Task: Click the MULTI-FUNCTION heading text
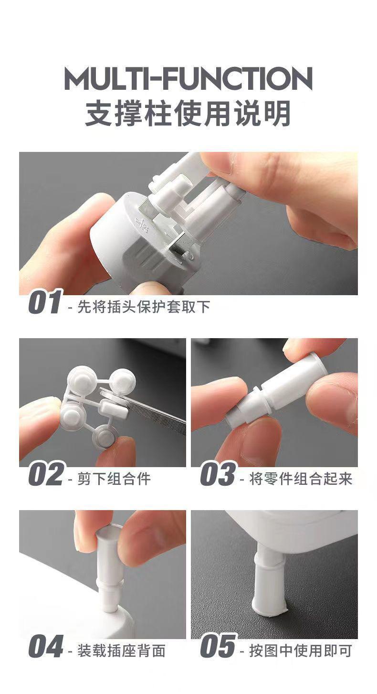(188, 79)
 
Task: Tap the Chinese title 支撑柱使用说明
(188, 113)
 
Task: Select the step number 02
(46, 474)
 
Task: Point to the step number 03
(218, 474)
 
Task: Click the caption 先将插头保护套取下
(144, 307)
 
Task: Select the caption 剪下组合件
(114, 479)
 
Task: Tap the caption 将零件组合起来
(301, 479)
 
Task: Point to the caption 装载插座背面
(121, 651)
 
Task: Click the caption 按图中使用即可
(301, 651)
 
